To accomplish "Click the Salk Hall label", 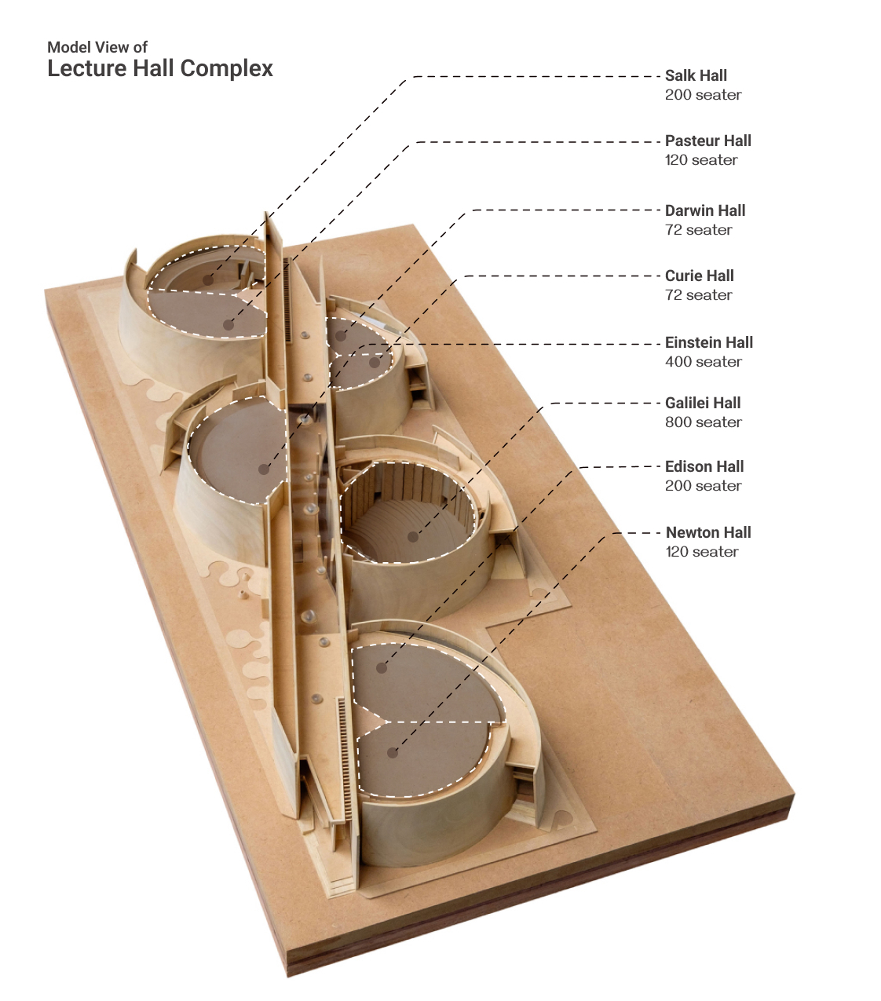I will point(696,76).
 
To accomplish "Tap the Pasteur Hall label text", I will point(707,141).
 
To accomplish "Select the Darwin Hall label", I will point(704,211).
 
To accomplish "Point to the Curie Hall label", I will point(699,276).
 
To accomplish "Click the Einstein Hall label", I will point(708,343).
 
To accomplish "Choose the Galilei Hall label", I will point(703,404).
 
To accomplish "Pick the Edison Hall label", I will point(704,467).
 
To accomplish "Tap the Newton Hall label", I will point(708,533).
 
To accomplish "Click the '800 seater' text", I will point(703,422).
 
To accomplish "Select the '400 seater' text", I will point(703,362).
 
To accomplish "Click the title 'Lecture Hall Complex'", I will point(160,68).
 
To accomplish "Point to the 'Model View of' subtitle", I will point(97,47).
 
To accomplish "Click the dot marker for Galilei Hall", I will point(413,537).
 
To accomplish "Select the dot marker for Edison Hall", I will point(382,668).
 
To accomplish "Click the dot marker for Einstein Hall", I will point(264,469).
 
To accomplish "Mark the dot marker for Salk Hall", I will point(207,279).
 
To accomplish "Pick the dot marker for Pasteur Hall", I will point(228,323).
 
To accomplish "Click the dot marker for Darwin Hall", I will point(342,335).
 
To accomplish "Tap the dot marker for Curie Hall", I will point(375,363).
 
